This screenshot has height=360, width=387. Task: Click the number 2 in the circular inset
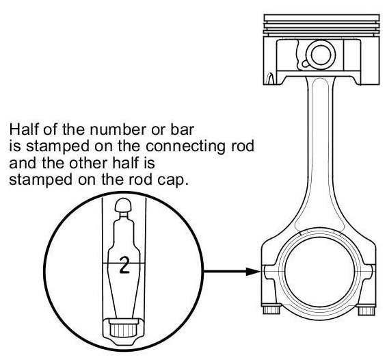click(x=124, y=265)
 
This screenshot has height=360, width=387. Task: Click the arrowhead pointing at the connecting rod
click(x=254, y=271)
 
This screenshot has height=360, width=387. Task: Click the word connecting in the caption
click(x=185, y=146)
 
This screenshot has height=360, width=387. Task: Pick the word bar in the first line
click(x=182, y=129)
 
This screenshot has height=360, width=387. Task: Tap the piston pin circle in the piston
click(x=321, y=55)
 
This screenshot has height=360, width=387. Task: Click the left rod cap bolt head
click(x=271, y=310)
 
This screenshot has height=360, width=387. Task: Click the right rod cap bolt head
click(x=366, y=310)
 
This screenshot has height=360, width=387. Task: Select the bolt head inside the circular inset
click(x=123, y=329)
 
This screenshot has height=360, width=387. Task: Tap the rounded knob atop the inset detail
click(x=123, y=205)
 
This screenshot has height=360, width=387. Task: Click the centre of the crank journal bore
click(x=320, y=272)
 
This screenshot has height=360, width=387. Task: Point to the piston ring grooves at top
click(x=321, y=25)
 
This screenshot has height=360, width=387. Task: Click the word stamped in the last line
click(x=40, y=180)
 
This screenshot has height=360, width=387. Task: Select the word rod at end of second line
click(x=241, y=146)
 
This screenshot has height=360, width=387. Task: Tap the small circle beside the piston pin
click(x=306, y=64)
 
